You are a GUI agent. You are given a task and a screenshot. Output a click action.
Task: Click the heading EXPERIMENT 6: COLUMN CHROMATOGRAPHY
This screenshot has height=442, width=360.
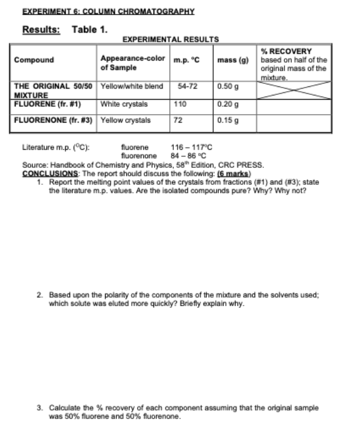(x=108, y=11)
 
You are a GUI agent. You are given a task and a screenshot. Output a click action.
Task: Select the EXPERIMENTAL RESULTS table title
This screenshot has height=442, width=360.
(x=170, y=39)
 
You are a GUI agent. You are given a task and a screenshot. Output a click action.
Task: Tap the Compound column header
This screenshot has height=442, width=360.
(x=34, y=60)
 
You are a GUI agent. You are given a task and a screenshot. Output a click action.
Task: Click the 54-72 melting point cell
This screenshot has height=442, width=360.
(x=188, y=86)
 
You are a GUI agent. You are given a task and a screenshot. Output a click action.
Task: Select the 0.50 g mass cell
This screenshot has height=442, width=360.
(x=228, y=86)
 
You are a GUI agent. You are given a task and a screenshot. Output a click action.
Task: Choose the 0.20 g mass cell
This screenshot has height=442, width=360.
(x=228, y=104)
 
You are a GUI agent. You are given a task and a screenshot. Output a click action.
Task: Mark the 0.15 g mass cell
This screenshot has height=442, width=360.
(x=228, y=120)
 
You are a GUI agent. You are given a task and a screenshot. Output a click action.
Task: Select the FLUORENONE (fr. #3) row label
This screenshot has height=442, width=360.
(x=53, y=120)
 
